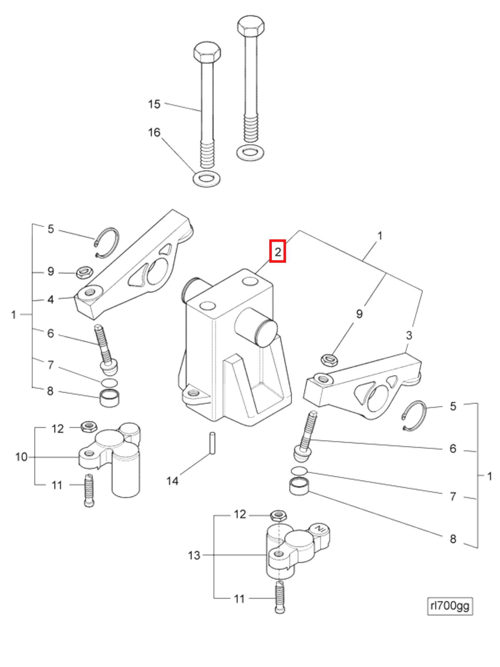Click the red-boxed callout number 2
click(277, 251)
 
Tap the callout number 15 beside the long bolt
click(154, 104)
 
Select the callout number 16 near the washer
click(154, 132)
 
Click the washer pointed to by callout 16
click(207, 179)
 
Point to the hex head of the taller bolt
click(251, 26)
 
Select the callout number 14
click(172, 481)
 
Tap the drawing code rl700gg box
click(449, 605)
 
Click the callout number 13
click(194, 555)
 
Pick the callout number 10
click(21, 457)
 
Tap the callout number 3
click(409, 335)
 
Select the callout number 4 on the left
click(51, 300)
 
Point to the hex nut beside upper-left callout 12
click(89, 426)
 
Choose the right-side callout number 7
click(453, 496)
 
